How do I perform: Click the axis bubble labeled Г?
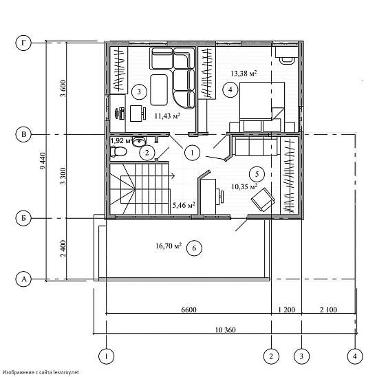pos(23,43)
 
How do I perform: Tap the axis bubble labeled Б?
pos(23,218)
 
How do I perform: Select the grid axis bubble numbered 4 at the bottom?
pos(355,356)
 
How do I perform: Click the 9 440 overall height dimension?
pos(43,160)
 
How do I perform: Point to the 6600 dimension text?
pos(188,310)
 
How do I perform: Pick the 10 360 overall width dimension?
pos(225,330)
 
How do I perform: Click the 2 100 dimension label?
pos(328,310)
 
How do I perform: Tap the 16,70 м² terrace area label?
pos(169,246)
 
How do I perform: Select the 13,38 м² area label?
pos(244,73)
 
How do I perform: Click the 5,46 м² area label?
pos(184,205)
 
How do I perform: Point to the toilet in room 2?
pos(118,151)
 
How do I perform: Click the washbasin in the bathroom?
pos(139,141)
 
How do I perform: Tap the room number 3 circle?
pos(139,91)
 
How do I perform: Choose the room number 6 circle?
pos(194,248)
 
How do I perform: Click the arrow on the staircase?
pos(171,175)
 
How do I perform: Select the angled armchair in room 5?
pos(263,200)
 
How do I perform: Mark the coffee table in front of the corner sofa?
pos(159,89)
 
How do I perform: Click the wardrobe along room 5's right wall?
pos(290,175)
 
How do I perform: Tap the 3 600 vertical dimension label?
pos(63,89)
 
